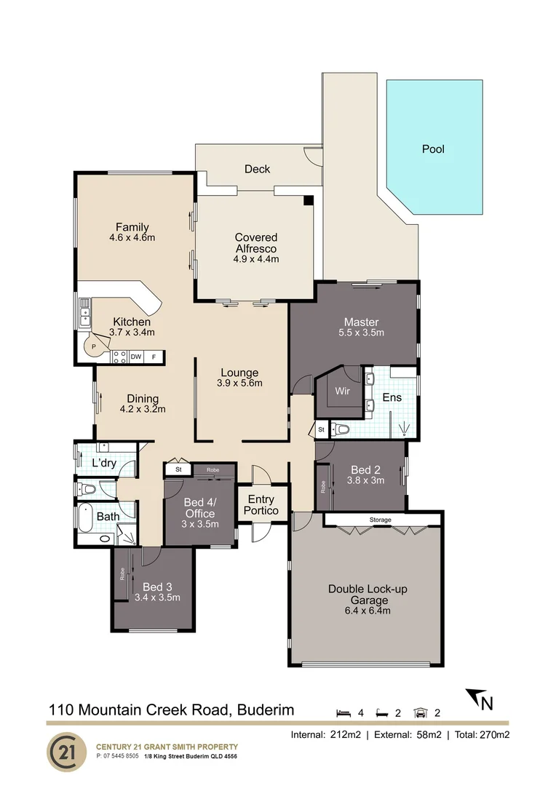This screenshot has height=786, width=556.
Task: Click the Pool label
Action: tap(433, 149)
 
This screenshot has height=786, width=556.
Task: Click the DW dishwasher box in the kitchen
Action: tap(135, 357)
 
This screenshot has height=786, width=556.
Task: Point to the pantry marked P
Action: tap(93, 346)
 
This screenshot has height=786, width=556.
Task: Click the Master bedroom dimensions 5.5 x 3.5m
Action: tap(362, 333)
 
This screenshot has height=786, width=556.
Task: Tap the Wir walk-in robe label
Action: tap(342, 392)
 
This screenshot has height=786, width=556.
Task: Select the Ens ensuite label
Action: tap(391, 398)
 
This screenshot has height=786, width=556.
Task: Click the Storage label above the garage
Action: tap(380, 520)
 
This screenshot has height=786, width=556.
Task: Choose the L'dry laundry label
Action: tap(104, 464)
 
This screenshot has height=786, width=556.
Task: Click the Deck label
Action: tap(257, 169)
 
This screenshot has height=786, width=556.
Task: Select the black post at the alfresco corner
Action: tap(309, 200)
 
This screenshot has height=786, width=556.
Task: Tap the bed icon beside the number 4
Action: tap(342, 713)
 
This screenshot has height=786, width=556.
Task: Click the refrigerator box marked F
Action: tap(154, 357)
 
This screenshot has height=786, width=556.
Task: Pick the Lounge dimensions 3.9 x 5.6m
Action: tap(239, 384)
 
